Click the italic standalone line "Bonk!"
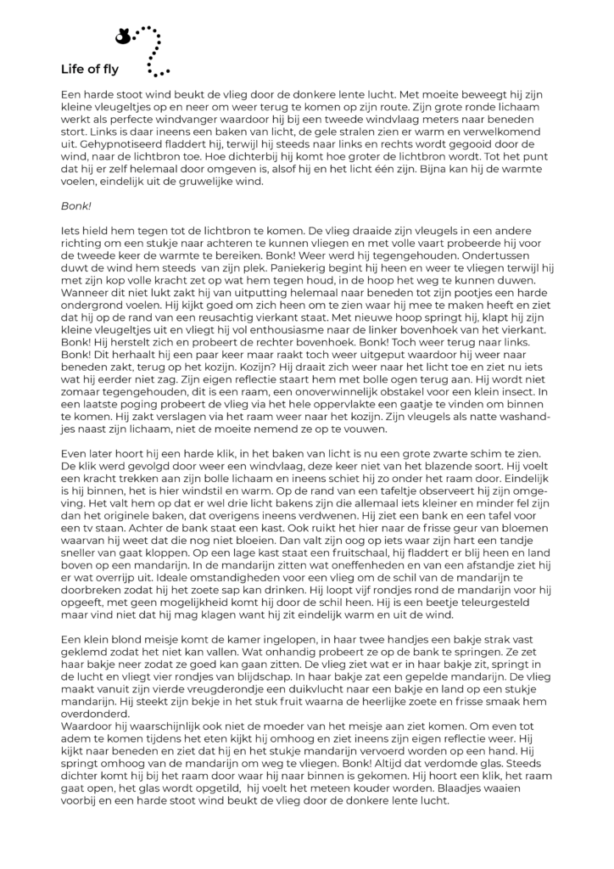point(75,205)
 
